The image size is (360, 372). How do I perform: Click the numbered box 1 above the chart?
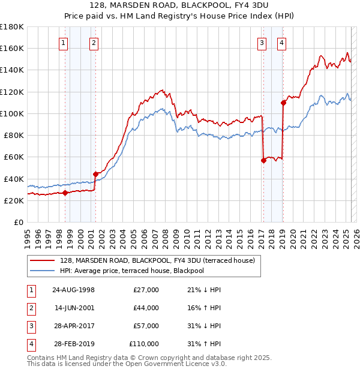click(x=64, y=43)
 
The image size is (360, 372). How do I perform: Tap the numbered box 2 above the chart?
click(x=94, y=43)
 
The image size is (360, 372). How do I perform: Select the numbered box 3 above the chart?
click(x=262, y=43)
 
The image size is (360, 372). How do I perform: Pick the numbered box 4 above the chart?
click(x=281, y=43)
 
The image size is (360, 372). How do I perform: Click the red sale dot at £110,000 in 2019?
click(x=283, y=103)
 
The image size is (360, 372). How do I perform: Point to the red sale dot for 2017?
click(x=263, y=160)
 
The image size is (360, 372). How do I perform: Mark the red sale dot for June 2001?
click(x=95, y=174)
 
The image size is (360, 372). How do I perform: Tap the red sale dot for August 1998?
click(x=65, y=193)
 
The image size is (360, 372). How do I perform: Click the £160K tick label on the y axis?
click(x=12, y=48)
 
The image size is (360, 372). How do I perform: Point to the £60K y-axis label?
click(x=13, y=157)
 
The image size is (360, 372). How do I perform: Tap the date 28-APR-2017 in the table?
click(x=73, y=326)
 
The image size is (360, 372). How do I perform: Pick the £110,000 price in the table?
click(x=144, y=344)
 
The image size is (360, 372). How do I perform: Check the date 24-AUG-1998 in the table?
click(x=73, y=290)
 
